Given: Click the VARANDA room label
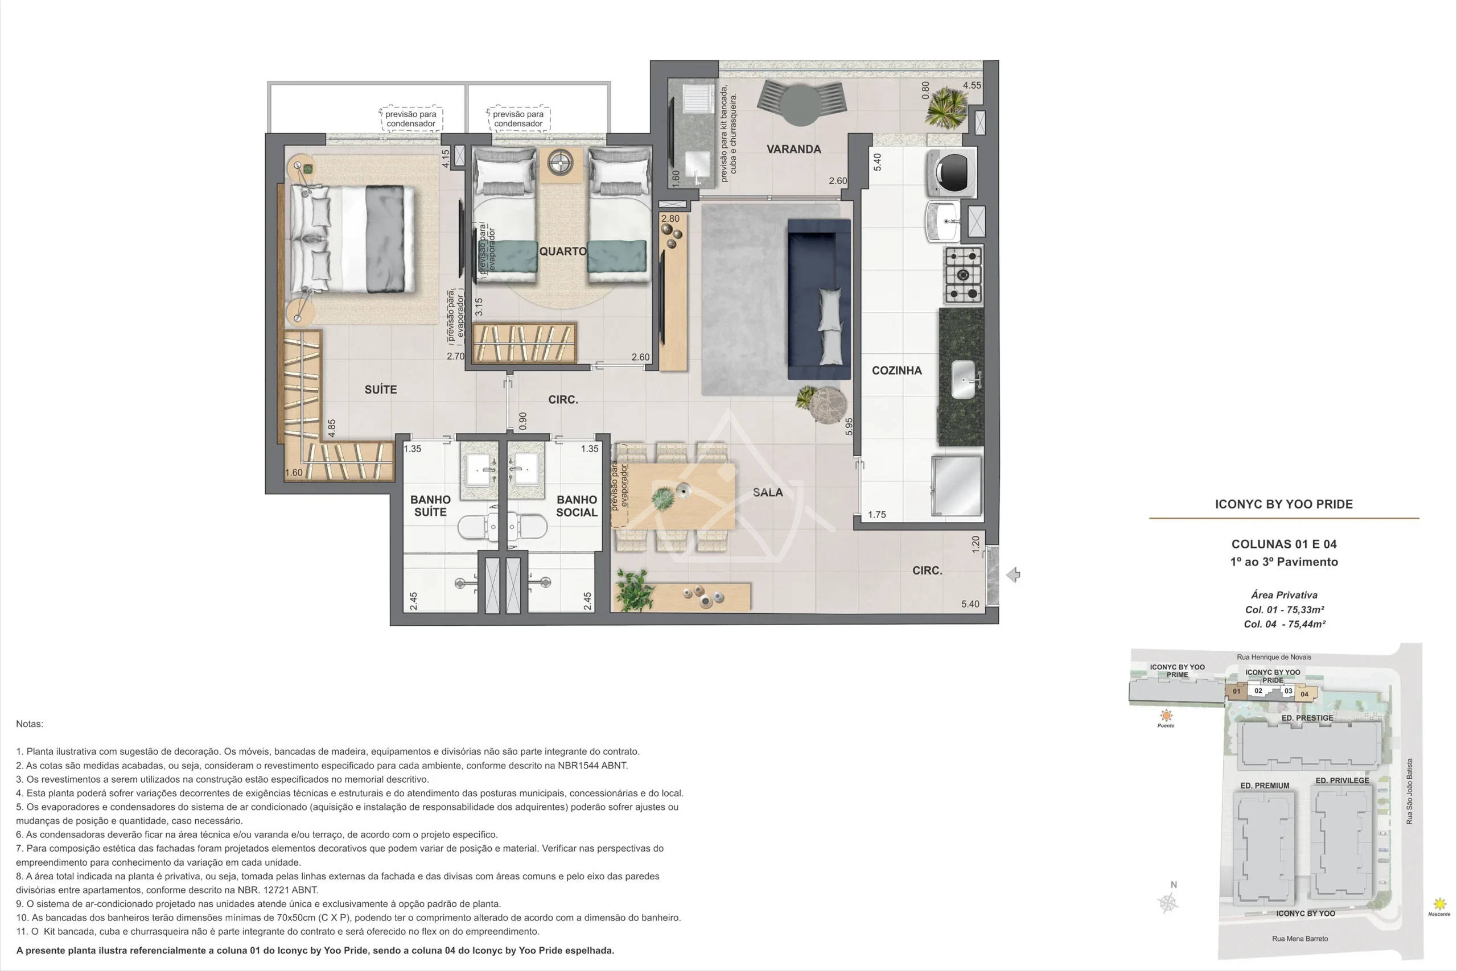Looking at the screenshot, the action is point(793,149).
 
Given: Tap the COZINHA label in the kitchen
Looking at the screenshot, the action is point(896,370).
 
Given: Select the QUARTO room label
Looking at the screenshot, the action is point(562,251).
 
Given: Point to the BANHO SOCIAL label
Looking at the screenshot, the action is point(577,506).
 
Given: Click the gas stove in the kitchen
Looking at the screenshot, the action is point(964,275).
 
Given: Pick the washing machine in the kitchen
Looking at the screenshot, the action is point(952,173).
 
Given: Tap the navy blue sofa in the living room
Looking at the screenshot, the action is point(819,299).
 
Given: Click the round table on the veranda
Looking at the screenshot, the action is point(801,106).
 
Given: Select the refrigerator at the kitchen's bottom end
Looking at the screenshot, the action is point(957,487).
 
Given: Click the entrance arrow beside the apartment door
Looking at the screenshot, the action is point(1014,575).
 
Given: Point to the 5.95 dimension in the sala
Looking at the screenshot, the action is point(849,426).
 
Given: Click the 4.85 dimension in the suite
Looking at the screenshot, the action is point(332,428).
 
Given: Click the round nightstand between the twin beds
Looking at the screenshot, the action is point(561,163).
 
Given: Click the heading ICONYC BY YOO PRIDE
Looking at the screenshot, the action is point(1283,504).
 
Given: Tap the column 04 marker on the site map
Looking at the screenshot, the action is point(1304,694).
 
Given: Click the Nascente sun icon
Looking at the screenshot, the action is point(1439,905).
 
